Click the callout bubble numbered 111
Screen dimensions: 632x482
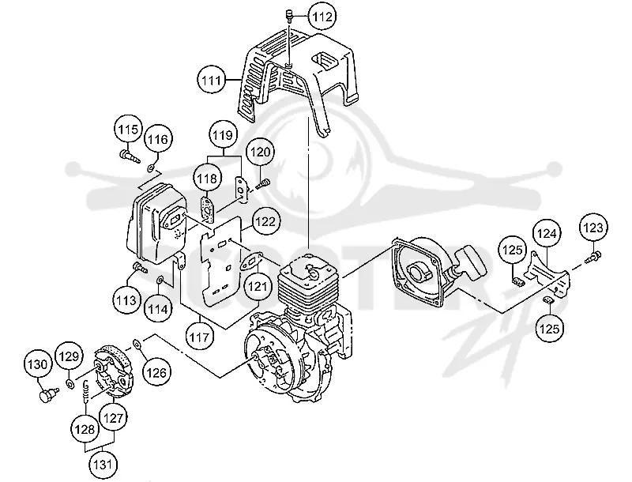pos(212,81)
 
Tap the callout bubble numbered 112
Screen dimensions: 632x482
pos(323,17)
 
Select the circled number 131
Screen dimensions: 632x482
pos(103,465)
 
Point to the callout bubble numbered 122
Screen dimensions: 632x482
pos(265,222)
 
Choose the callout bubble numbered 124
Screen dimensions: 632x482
pos(547,233)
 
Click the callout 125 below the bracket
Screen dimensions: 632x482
pos(550,329)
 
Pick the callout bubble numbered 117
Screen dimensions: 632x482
pos(200,337)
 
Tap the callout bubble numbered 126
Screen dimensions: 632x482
pos(156,373)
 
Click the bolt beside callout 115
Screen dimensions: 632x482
pos(130,156)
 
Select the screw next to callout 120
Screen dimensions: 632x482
pos(263,184)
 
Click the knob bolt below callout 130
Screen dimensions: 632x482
pos(49,394)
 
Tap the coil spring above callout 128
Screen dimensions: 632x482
pos(86,390)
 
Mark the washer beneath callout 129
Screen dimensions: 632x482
pos(70,383)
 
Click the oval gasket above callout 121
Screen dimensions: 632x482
pos(251,262)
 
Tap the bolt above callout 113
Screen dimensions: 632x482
pos(140,267)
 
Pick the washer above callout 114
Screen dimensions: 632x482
pos(160,279)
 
